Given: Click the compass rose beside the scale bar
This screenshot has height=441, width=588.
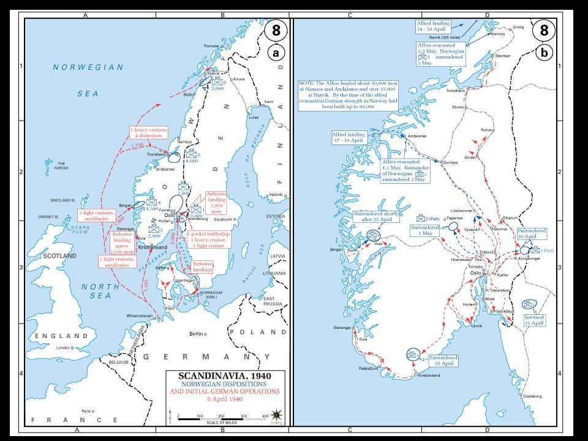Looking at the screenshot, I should point(277,414).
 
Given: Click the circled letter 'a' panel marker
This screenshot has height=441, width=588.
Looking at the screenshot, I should point(276,53).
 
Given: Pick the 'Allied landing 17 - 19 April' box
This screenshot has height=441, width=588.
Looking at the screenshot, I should point(348,137).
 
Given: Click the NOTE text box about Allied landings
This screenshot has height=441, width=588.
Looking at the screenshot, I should point(356,95).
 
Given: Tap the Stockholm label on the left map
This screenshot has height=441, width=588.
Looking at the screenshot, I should point(224,219).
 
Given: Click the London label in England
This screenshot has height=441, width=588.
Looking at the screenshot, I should point(63,348).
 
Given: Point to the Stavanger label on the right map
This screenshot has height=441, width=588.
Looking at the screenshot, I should point(342,328).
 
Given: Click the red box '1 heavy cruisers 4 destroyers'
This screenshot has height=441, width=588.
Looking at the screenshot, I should point(150,134).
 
